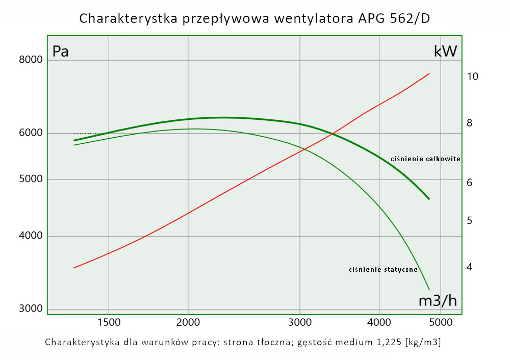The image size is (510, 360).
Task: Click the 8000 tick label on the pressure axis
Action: (30, 61)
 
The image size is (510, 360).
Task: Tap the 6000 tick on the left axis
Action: (30, 133)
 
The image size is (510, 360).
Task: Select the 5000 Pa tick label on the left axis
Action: (30, 179)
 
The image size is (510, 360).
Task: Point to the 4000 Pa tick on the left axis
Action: (30, 237)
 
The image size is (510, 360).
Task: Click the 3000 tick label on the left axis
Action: (30, 309)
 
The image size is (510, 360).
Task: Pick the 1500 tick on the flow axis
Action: (109, 322)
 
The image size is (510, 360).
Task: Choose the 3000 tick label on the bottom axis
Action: (299, 322)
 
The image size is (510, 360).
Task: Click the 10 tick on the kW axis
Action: (472, 76)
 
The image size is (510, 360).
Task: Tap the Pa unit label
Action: (61, 52)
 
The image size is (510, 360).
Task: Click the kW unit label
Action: (445, 51)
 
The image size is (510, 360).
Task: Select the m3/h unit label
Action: (438, 301)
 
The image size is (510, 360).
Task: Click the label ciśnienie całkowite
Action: (425, 159)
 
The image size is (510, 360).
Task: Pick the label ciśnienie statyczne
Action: (383, 270)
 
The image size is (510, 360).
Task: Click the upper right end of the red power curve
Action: (429, 73)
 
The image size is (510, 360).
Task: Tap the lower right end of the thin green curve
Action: (429, 290)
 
